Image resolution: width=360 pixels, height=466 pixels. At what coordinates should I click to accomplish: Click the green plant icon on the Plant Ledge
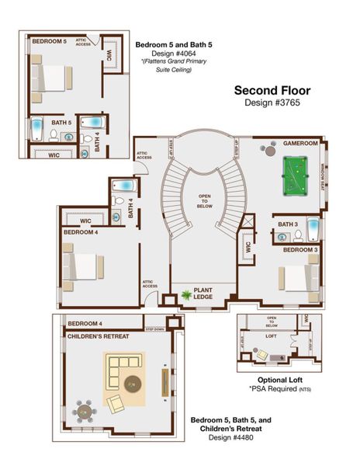point(187,295)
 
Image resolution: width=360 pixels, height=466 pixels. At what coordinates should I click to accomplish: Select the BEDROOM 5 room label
point(49,40)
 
